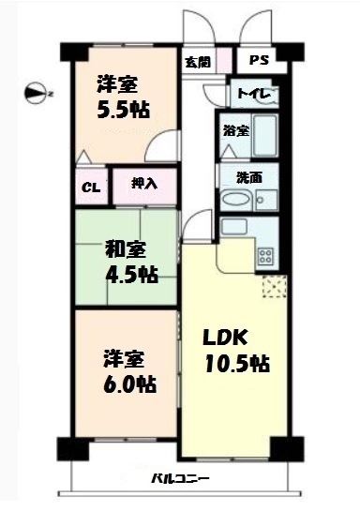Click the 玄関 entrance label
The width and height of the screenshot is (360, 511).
(198, 62)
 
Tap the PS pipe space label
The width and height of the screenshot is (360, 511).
(259, 60)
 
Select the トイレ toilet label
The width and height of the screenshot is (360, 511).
(254, 94)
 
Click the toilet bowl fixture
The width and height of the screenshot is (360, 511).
(271, 95)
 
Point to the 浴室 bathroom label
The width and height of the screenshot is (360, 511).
(236, 131)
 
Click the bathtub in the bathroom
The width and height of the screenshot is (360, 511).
(265, 136)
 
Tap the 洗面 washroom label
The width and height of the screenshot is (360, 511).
(249, 178)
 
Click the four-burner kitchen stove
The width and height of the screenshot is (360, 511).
(265, 255)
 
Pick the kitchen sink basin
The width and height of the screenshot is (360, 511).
(233, 226)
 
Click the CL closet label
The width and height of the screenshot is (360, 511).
(91, 188)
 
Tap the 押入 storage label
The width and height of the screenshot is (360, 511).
(144, 184)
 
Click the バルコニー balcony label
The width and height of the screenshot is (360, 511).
(180, 479)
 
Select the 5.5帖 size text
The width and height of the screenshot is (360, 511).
(124, 110)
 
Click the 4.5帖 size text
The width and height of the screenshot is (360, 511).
(131, 274)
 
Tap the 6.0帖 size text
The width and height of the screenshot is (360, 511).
(129, 384)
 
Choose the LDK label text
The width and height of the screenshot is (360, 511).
(225, 338)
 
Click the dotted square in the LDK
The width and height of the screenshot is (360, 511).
(275, 287)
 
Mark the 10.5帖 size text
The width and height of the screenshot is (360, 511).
(237, 364)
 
